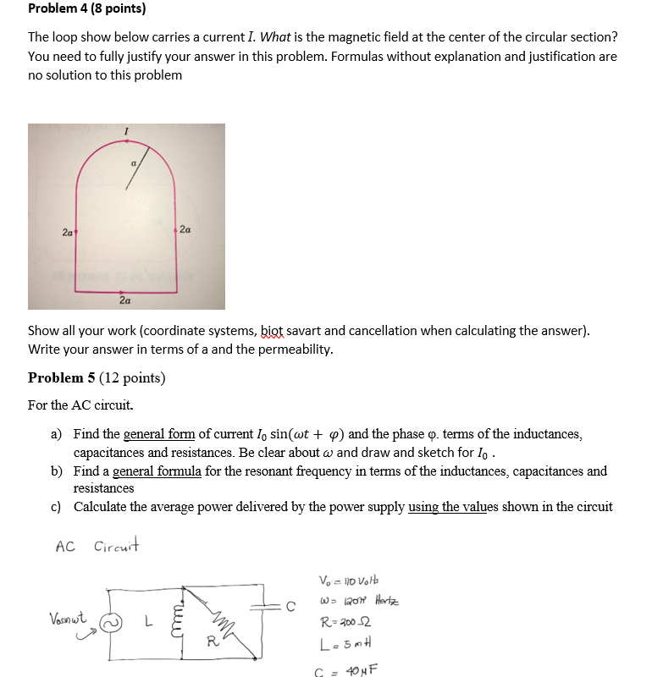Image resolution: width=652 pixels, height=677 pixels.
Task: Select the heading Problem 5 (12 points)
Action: pos(96,377)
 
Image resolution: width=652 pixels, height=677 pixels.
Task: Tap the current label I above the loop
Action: pos(126,131)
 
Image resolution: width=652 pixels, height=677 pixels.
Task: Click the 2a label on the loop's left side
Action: pos(67,231)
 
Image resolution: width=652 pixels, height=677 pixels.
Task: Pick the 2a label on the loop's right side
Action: pos(186,228)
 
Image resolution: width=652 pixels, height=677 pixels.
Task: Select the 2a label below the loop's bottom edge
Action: pos(124,300)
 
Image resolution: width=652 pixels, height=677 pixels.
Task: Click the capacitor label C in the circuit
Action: pos(290,606)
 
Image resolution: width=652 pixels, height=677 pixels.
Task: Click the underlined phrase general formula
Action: pos(157,471)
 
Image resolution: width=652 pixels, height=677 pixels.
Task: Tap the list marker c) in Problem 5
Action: pos(56,507)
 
